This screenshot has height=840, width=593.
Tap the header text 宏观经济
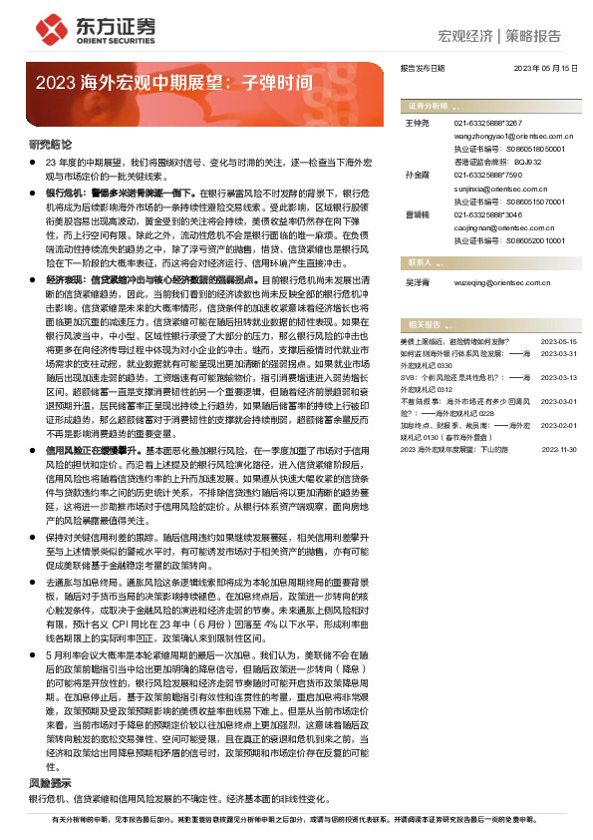coord(465,36)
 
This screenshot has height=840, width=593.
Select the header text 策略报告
coord(532,36)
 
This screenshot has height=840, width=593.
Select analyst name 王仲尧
coord(418,122)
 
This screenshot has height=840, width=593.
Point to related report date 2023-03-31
coord(558,351)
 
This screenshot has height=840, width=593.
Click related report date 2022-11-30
coord(558,450)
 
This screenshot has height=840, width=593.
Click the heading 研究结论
coord(49,145)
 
